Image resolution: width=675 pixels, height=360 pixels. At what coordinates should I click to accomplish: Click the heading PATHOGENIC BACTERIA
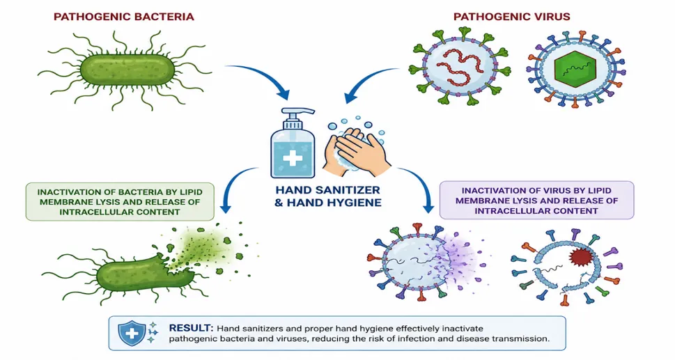pos(123,17)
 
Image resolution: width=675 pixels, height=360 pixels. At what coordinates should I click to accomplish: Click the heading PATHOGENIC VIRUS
pos(512,17)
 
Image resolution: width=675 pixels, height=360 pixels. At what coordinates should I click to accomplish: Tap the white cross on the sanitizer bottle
pos(293,158)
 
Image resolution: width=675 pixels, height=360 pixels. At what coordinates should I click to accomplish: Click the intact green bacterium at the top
pos(128,69)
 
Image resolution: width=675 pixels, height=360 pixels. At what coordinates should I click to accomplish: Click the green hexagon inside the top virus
pos(575,68)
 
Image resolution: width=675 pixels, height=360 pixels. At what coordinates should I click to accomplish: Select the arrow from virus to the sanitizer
pos(366,79)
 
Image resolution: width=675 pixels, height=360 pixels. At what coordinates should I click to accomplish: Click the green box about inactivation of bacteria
pos(120,202)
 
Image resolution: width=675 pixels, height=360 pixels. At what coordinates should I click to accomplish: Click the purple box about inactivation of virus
pos(536,201)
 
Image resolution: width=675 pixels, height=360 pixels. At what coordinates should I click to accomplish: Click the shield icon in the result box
pos(132,332)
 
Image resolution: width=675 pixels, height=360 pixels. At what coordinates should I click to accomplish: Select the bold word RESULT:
pos(191,328)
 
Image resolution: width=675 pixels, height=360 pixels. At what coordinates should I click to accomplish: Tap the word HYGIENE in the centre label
pos(350,203)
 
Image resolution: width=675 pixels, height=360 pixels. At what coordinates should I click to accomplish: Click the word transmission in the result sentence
pos(522,338)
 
